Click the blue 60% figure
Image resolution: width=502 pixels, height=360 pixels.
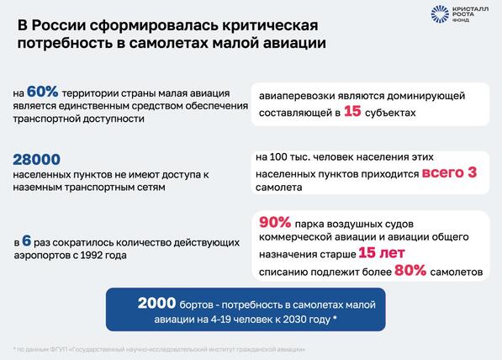[x=42, y=92]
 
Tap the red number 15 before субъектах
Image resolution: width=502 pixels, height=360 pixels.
[x=352, y=111]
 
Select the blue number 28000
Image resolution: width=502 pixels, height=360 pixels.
[x=36, y=160]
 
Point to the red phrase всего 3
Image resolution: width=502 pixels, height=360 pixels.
[x=449, y=172]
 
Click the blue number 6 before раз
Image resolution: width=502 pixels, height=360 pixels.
[x=27, y=241]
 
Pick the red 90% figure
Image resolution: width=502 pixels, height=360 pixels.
[x=275, y=222]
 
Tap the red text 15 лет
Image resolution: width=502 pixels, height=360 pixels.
[x=382, y=252]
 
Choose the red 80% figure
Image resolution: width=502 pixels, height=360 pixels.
[x=410, y=270]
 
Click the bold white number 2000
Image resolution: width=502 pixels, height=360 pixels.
[x=157, y=303]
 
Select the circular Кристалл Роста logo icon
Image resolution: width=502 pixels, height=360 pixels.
[x=440, y=14]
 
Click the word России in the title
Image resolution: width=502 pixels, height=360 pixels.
[x=59, y=25]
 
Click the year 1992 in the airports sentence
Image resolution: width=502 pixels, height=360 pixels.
[x=91, y=255]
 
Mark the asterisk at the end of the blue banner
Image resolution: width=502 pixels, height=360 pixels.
[x=335, y=318]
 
